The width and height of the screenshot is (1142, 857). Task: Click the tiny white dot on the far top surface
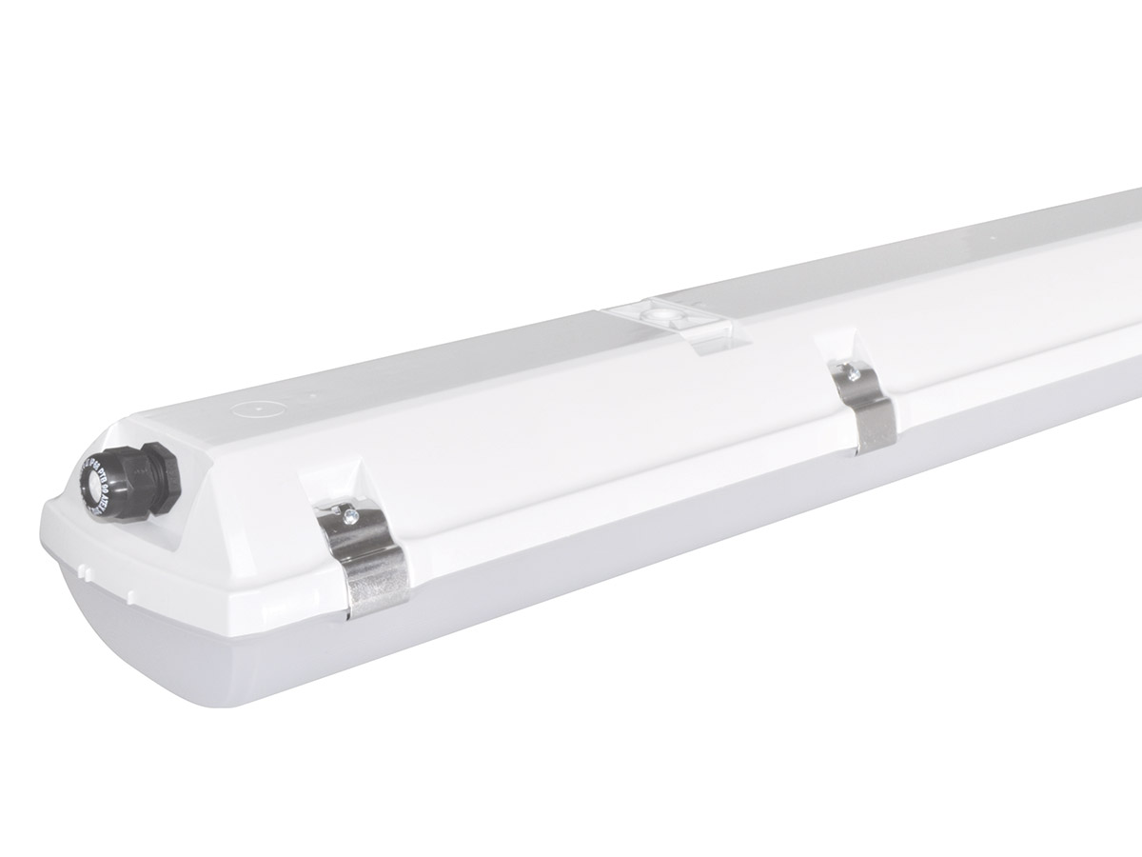coord(991,229)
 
